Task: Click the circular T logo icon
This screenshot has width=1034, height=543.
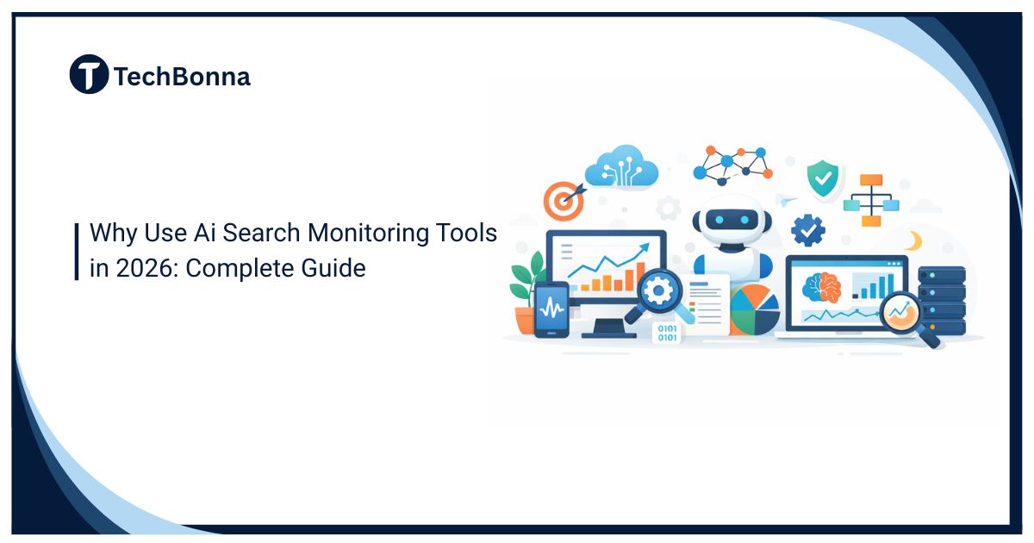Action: pos(89,75)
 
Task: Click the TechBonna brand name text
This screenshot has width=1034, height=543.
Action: pos(182,77)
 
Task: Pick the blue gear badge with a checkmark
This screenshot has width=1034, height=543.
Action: pos(808,231)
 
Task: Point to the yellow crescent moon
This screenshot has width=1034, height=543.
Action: pos(914,240)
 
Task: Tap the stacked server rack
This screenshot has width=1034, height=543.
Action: pos(941,297)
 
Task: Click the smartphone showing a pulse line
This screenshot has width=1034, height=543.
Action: pos(551,309)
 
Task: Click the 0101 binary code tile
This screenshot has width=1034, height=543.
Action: pos(667,333)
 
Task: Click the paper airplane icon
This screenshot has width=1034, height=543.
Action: pos(784,201)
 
